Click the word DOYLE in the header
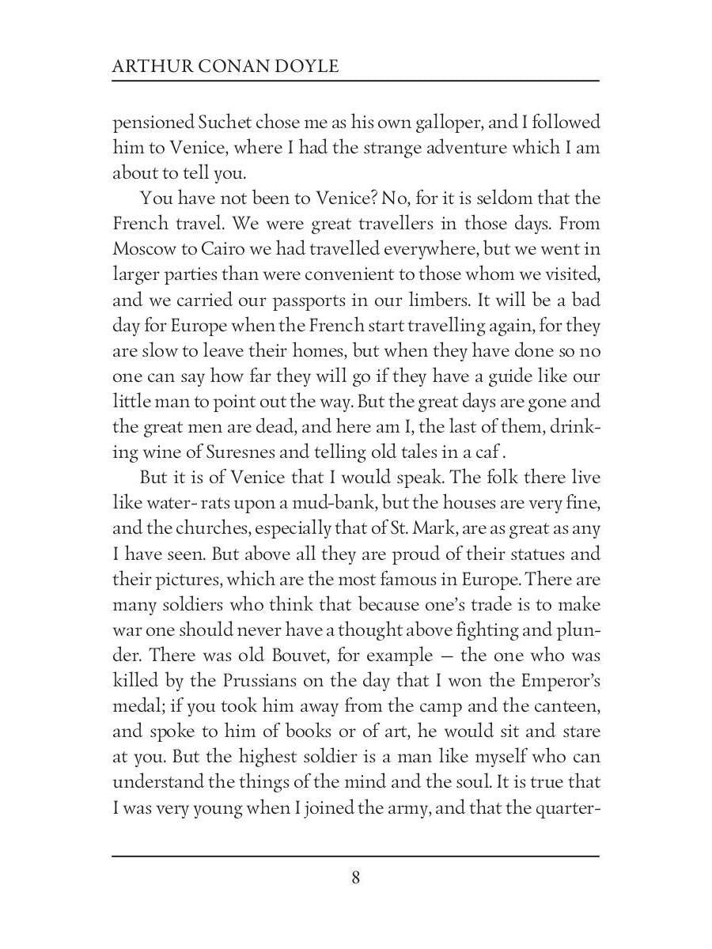[x=306, y=66]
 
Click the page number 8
[x=356, y=877]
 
